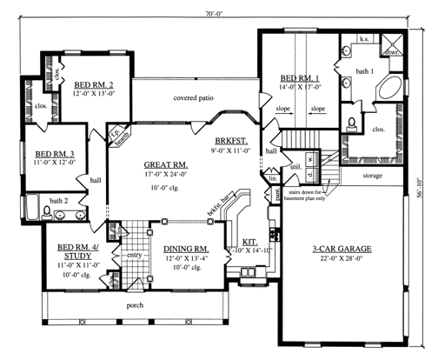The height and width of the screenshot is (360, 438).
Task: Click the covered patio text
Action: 194,97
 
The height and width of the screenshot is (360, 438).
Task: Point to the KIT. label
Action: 249,244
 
